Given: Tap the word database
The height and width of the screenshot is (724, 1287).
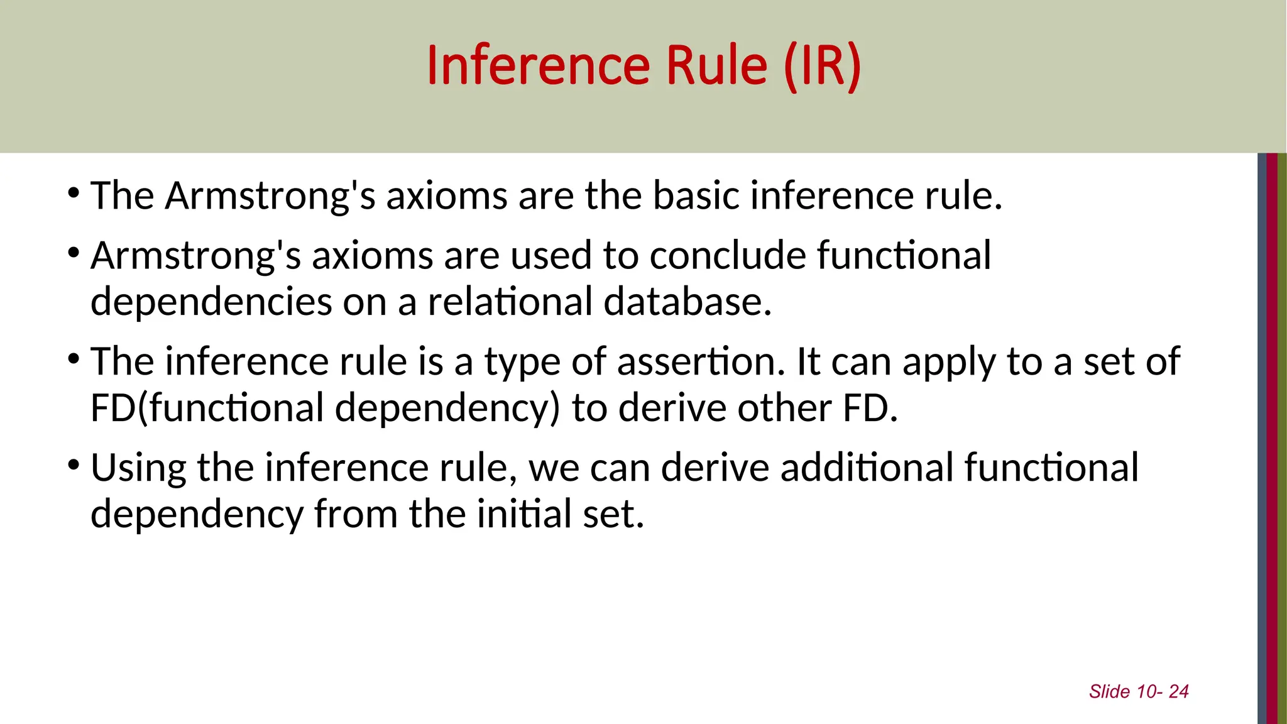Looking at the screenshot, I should pyautogui.click(x=687, y=302).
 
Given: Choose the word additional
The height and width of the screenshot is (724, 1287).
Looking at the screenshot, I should pyautogui.click(x=867, y=468).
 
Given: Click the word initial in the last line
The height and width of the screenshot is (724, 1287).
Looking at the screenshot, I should pyautogui.click(x=524, y=514).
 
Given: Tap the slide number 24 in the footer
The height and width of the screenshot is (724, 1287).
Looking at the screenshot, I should pyautogui.click(x=1178, y=691).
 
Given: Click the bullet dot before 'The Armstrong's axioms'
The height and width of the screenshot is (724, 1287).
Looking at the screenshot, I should pyautogui.click(x=74, y=192).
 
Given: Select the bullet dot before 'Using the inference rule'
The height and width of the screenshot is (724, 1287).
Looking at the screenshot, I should pyautogui.click(x=74, y=466).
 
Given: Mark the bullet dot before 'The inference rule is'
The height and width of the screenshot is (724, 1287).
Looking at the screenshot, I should pyautogui.click(x=74, y=359).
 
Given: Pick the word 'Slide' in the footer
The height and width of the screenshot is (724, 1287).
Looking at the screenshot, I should pyautogui.click(x=1109, y=691).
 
